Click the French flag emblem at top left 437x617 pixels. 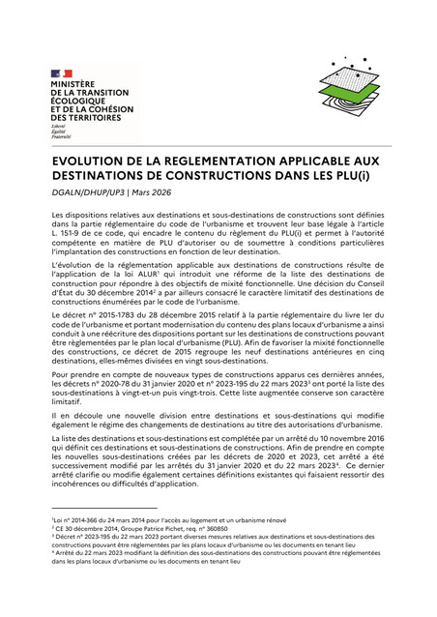61,73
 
